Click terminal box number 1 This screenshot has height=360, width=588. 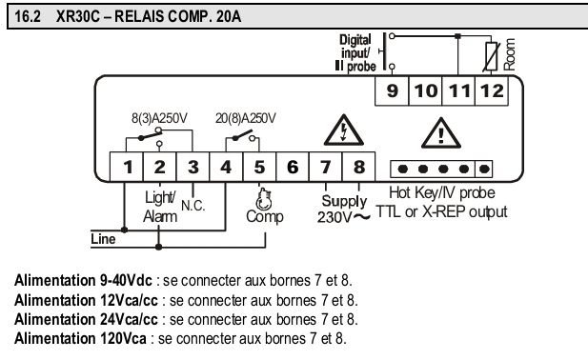[127, 167]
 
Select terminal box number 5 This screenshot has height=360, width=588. [259, 167]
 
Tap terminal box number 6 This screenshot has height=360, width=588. [293, 167]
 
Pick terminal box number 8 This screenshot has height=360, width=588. [358, 167]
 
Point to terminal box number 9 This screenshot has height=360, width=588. [392, 90]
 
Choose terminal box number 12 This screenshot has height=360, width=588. [492, 90]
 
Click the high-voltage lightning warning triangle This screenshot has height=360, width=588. [343, 130]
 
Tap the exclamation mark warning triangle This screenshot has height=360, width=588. [441, 133]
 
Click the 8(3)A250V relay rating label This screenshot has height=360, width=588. [159, 118]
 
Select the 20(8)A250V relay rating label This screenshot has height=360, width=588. [246, 118]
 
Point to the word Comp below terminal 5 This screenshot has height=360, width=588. [265, 217]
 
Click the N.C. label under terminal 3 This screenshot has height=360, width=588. [193, 206]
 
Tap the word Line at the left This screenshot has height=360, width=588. [103, 239]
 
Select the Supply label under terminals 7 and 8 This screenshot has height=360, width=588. [344, 202]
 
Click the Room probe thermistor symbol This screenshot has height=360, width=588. [492, 56]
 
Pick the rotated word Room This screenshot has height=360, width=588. [509, 54]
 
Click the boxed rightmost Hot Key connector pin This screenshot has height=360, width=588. [484, 169]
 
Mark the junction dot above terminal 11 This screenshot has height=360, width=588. [457, 36]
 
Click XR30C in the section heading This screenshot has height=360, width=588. [78, 16]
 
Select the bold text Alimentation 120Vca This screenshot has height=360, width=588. [80, 339]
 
